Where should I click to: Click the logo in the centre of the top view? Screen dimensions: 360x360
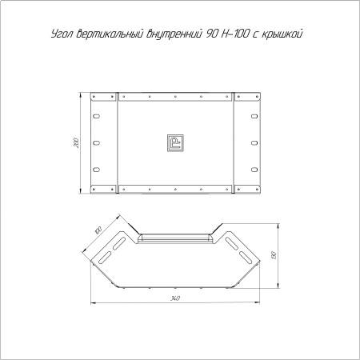pyautogui.click(x=175, y=143)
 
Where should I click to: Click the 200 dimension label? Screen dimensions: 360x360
pyautogui.click(x=76, y=143)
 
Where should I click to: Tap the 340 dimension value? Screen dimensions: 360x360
pyautogui.click(x=175, y=298)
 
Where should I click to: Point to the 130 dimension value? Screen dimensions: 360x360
pyautogui.click(x=274, y=255)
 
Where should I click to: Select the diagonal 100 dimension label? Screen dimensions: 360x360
pyautogui.click(x=98, y=230)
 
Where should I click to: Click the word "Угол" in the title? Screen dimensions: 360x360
pyautogui.click(x=62, y=34)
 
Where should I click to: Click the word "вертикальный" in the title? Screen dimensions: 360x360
pyautogui.click(x=110, y=34)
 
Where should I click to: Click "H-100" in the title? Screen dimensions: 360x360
pyautogui.click(x=234, y=34)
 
